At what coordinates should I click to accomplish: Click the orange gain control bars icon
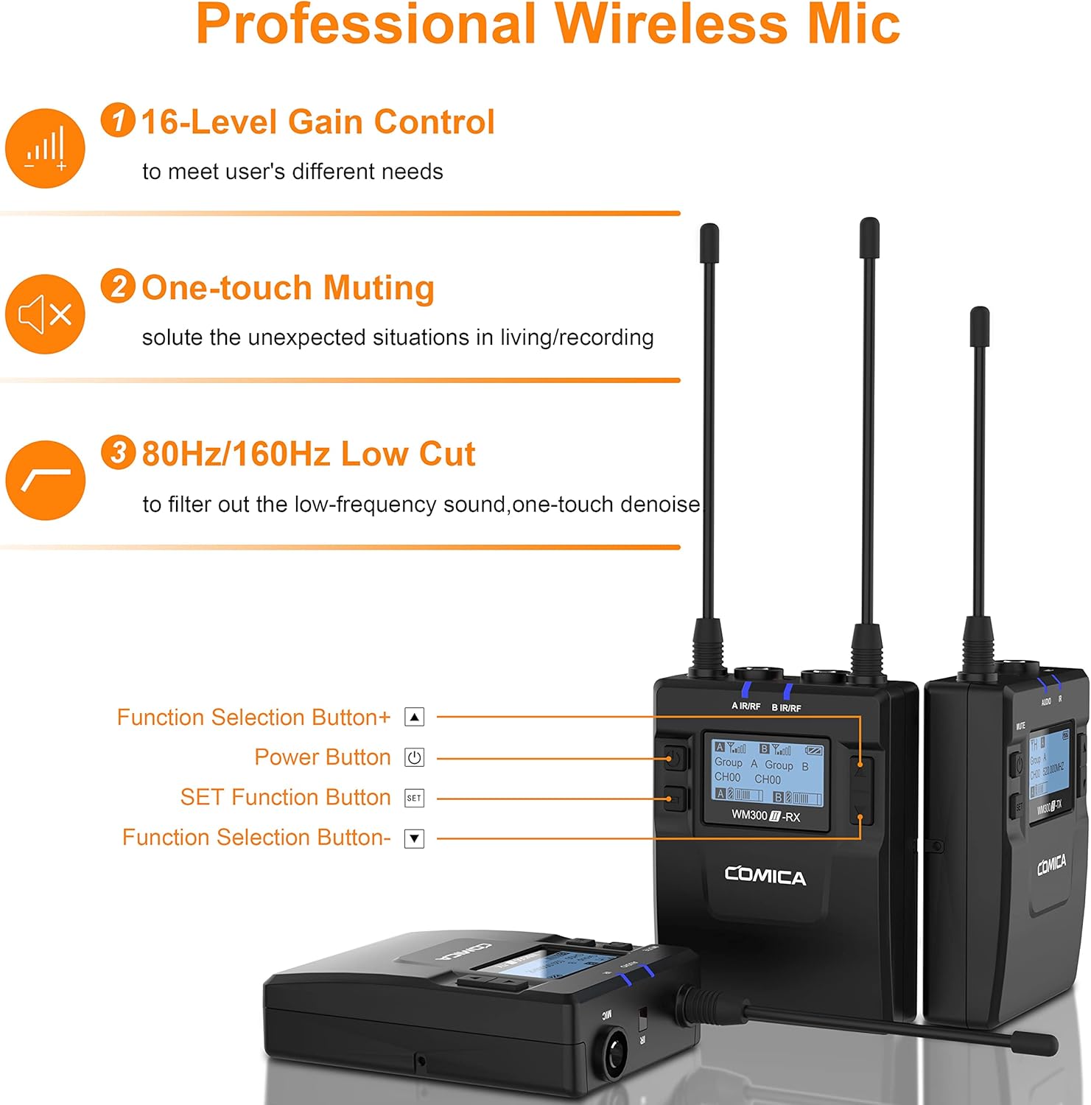tap(45, 148)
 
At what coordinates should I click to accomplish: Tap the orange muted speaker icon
tap(45, 315)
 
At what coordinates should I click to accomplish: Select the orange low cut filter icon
tap(45, 480)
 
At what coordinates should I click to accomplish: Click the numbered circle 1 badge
tap(118, 120)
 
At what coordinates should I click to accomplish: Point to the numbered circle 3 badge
tap(118, 452)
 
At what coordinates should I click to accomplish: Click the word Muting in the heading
tap(379, 288)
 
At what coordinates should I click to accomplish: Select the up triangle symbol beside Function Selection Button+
tap(415, 717)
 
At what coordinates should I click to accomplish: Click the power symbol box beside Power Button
tap(415, 757)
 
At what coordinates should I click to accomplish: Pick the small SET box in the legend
tap(415, 798)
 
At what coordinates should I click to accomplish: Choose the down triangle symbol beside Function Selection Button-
tap(415, 838)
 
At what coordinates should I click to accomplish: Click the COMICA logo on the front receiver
tap(765, 876)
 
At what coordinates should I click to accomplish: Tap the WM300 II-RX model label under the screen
tap(765, 816)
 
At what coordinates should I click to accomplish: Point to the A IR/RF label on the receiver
tap(746, 706)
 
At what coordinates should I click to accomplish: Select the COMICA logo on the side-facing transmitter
tap(1051, 865)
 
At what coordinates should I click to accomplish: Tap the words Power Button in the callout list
tap(323, 757)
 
